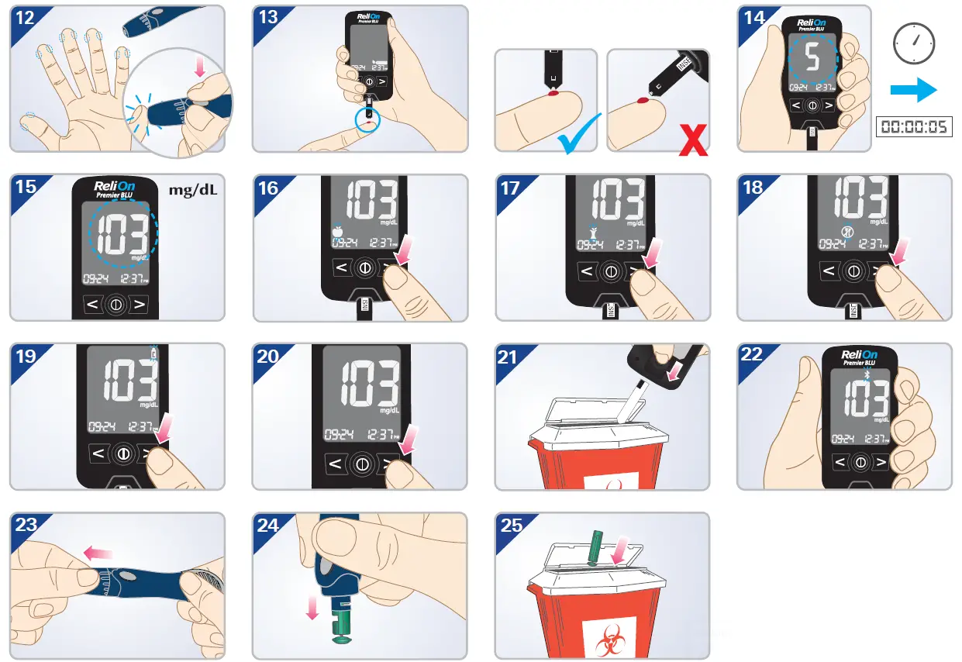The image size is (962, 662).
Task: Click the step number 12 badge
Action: pyautogui.click(x=25, y=18)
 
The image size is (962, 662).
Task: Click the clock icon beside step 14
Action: pyautogui.click(x=913, y=44)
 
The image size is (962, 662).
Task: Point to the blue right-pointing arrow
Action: pyautogui.click(x=913, y=90)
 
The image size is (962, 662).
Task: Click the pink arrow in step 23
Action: pyautogui.click(x=97, y=553)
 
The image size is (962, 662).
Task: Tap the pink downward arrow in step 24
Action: pyautogui.click(x=312, y=607)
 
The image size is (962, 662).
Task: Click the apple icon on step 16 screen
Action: pyautogui.click(x=337, y=229)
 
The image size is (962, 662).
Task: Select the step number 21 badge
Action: pyautogui.click(x=508, y=356)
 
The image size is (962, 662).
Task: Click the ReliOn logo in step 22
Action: pyautogui.click(x=859, y=356)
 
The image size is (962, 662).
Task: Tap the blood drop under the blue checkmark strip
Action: pyautogui.click(x=553, y=95)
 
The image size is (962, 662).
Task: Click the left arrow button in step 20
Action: pyautogui.click(x=334, y=464)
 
